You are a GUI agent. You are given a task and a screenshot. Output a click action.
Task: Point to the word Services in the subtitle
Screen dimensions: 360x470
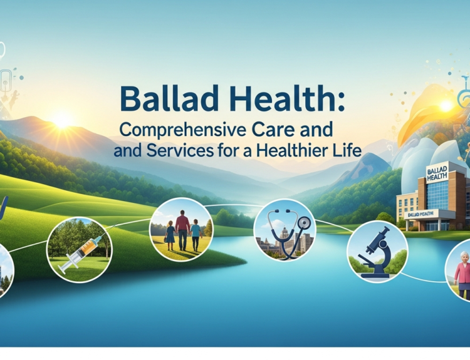(x=177, y=151)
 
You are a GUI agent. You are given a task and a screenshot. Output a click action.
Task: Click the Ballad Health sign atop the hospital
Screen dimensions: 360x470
(x=437, y=173)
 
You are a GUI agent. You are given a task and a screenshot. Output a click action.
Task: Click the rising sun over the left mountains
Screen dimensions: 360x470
(x=62, y=120)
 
